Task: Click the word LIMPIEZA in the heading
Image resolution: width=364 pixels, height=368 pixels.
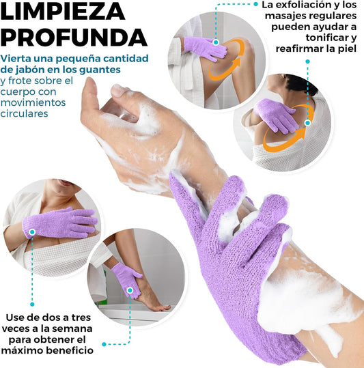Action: (x=62, y=11)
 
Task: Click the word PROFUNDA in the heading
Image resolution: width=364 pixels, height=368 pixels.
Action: (x=74, y=38)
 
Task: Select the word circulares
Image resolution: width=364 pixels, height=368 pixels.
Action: (x=24, y=113)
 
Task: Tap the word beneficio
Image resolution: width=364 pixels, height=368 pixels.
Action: (x=70, y=350)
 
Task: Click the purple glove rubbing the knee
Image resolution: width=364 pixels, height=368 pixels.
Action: (x=205, y=48)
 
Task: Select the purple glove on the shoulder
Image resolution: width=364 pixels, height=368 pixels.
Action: (x=275, y=115)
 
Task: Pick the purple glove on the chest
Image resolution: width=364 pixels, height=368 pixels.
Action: (x=60, y=223)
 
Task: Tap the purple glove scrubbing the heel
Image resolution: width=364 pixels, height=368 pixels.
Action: (x=127, y=280)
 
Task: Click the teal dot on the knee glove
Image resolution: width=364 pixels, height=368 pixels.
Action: (x=216, y=42)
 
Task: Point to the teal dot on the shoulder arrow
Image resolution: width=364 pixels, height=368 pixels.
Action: (x=308, y=123)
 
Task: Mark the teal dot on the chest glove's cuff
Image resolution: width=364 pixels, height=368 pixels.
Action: (x=32, y=232)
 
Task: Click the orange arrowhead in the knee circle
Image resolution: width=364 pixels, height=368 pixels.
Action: (x=236, y=63)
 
